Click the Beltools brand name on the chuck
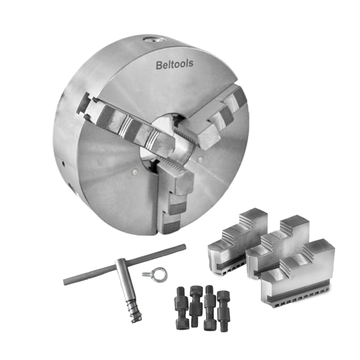click(x=175, y=64)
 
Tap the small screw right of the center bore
click(x=200, y=159)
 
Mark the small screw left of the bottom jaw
click(x=135, y=171)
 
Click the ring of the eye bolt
click(x=160, y=274)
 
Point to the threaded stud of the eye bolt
click(x=148, y=274)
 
